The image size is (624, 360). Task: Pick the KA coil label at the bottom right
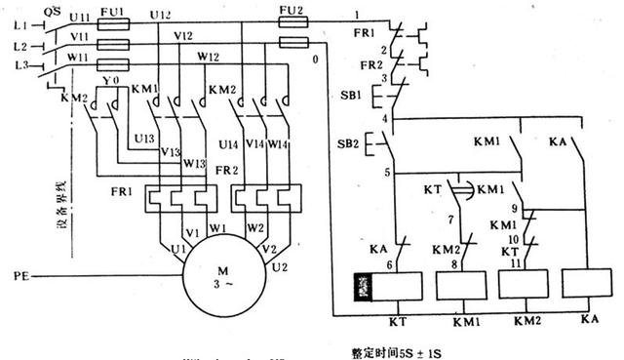click(x=589, y=319)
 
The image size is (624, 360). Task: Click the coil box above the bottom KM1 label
click(x=461, y=285)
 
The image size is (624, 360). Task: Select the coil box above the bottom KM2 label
click(x=522, y=285)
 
